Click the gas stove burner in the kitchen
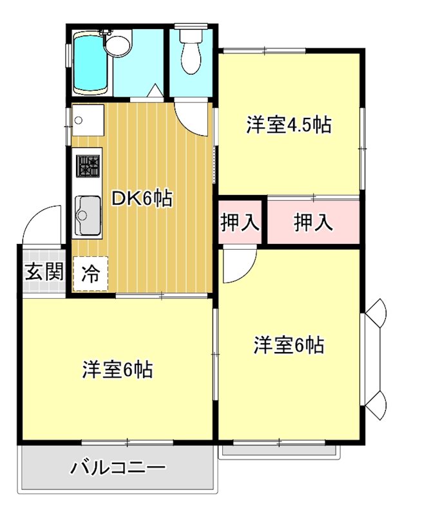click(x=88, y=165)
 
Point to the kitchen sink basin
click(x=88, y=214)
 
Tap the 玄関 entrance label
click(x=44, y=271)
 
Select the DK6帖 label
click(x=142, y=199)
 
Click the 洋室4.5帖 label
click(x=289, y=124)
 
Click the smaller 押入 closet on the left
click(x=240, y=223)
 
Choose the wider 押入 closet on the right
click(x=314, y=223)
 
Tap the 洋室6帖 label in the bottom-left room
click(x=117, y=370)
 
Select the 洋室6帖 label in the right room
click(x=289, y=345)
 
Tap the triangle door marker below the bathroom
click(x=155, y=91)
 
